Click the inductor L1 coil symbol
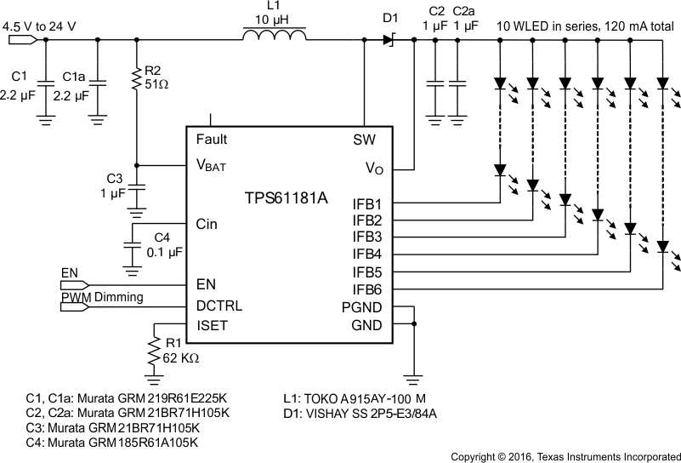(273, 37)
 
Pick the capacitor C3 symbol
(137, 187)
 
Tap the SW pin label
(364, 140)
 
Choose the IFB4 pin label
(367, 254)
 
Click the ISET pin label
(212, 324)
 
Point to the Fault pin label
(212, 140)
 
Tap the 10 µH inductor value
(273, 19)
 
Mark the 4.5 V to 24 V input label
(40, 26)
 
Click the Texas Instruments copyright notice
(565, 455)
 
